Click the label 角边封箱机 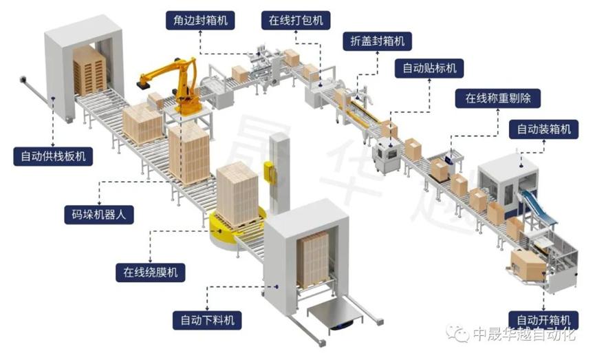(x=200, y=20)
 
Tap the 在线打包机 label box (x=296, y=20)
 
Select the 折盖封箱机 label (x=377, y=41)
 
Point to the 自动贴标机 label (x=429, y=68)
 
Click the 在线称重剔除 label (x=498, y=98)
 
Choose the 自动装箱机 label (x=544, y=129)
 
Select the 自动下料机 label (x=207, y=320)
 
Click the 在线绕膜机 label (x=150, y=273)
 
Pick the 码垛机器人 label (x=98, y=215)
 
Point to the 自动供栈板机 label (x=53, y=156)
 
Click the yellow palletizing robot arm (x=178, y=85)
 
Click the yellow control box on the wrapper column (x=270, y=173)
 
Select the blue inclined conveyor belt (x=539, y=207)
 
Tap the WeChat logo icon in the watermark (x=457, y=333)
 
